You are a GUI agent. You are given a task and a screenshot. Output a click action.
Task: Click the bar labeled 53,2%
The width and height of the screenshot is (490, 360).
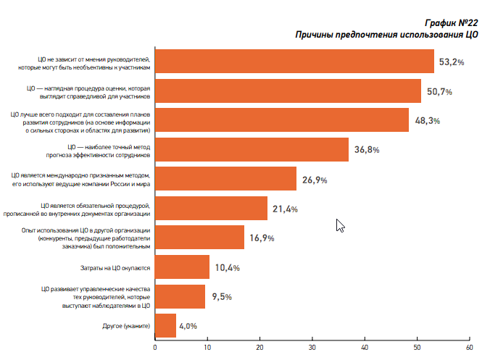[294, 62]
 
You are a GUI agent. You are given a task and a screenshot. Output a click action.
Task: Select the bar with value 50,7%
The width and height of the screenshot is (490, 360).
[288, 91]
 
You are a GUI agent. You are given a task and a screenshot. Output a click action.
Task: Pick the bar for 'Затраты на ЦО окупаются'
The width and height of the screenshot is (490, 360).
[182, 267]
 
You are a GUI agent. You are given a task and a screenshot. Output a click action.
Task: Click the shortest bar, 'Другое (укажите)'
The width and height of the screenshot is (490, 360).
[165, 326]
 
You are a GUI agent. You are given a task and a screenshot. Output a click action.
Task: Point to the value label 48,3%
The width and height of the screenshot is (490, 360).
[428, 120]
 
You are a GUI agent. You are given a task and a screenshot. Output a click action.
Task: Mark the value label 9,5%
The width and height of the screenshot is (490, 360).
[223, 297]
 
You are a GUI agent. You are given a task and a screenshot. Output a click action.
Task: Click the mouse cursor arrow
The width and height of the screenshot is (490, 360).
[339, 225]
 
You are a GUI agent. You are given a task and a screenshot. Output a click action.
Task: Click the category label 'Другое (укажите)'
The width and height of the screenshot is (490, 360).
[127, 326]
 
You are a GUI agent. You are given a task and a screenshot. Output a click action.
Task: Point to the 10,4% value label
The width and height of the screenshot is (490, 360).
[227, 267]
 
